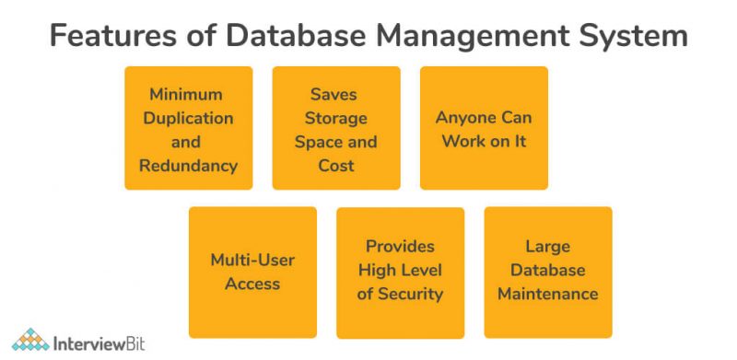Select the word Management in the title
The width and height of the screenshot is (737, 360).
point(464,36)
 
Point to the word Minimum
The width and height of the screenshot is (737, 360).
point(188,95)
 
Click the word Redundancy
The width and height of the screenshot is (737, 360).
point(188,166)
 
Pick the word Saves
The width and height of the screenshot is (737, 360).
point(335,95)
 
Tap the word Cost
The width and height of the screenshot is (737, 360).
point(335,166)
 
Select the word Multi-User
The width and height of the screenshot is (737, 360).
point(252,260)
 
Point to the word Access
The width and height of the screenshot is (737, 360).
point(252,284)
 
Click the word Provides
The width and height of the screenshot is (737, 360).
point(400,247)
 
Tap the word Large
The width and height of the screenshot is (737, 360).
point(547,247)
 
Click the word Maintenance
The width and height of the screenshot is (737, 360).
point(547,295)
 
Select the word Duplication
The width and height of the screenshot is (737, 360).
point(188,118)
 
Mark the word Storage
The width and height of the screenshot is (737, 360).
point(335,118)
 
